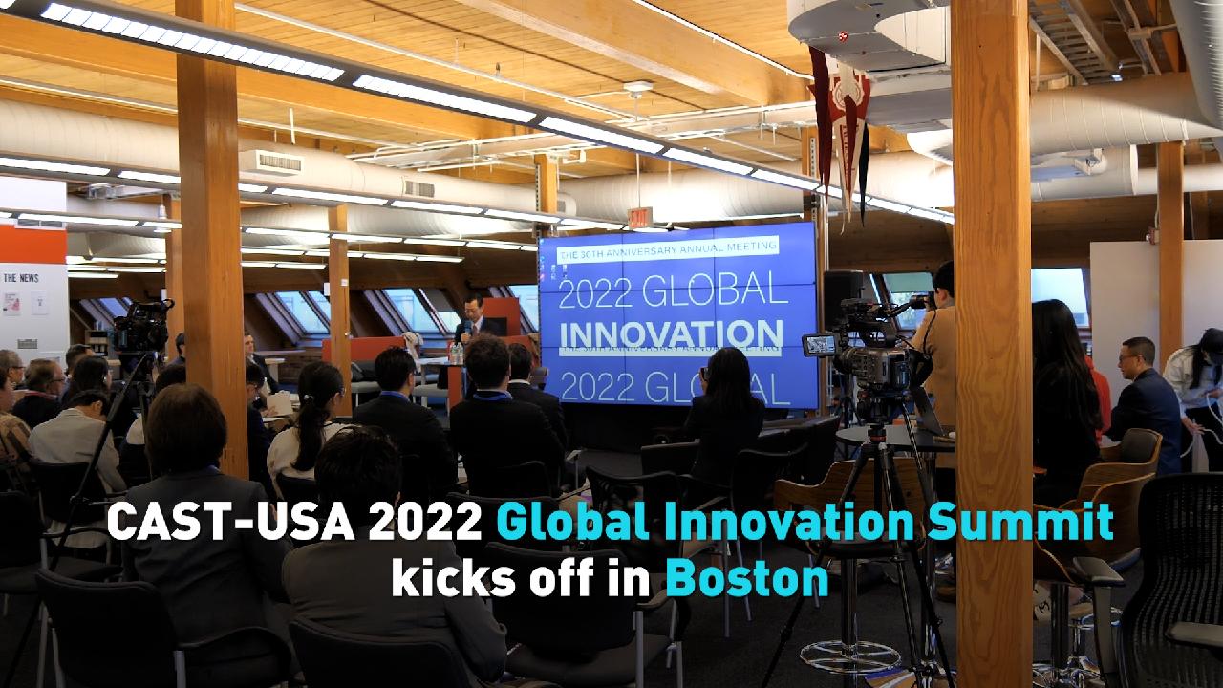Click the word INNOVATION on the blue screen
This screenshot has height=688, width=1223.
point(670,335)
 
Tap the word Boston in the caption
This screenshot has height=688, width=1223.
point(746,579)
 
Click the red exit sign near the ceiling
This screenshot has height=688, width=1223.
point(639,218)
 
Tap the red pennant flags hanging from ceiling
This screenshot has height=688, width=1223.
point(841,124)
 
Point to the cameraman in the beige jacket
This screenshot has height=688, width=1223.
point(936,354)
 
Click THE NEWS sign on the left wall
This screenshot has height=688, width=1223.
point(21,278)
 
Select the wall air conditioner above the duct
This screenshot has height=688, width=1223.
point(277,162)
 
